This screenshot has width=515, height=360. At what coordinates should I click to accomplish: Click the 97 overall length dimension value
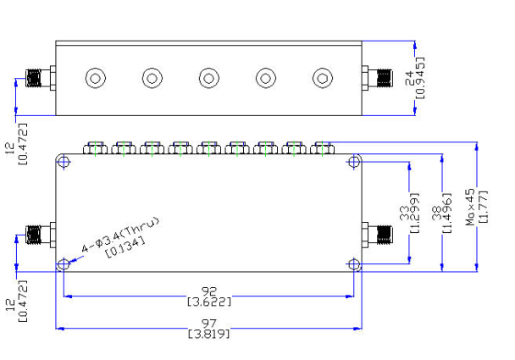point(209,324)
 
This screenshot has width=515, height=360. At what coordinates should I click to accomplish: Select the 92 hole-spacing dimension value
point(209,291)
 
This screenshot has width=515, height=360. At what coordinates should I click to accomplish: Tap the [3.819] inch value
point(209,334)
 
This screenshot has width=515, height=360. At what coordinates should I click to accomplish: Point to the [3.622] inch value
point(209,302)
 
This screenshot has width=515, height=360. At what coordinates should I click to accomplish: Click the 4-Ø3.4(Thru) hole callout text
point(120,234)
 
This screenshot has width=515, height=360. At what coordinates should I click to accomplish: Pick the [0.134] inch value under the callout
point(125,248)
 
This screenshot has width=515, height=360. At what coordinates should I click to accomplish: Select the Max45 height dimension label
point(470,207)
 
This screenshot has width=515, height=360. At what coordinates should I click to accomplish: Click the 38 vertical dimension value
point(437,213)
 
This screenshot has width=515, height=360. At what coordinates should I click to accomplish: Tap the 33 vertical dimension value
point(404,213)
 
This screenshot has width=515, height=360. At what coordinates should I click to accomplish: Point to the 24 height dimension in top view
point(410,78)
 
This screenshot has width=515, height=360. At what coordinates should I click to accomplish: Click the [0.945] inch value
point(420,78)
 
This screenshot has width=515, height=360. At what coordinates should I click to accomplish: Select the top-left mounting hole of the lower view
point(64,162)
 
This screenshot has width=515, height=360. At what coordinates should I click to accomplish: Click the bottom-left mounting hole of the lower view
point(64,263)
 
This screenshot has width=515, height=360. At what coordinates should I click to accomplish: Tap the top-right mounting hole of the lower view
point(354,162)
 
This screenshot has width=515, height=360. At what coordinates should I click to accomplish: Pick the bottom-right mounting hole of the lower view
point(354,263)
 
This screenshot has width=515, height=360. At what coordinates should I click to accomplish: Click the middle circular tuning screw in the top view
point(209,78)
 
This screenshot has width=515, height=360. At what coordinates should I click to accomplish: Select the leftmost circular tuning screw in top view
point(96,78)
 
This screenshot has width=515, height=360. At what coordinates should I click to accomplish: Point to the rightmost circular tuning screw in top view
point(323,78)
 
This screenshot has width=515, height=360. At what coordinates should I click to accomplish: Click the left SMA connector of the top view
point(41,78)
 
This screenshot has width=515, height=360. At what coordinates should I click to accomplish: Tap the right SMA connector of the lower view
point(377,235)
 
